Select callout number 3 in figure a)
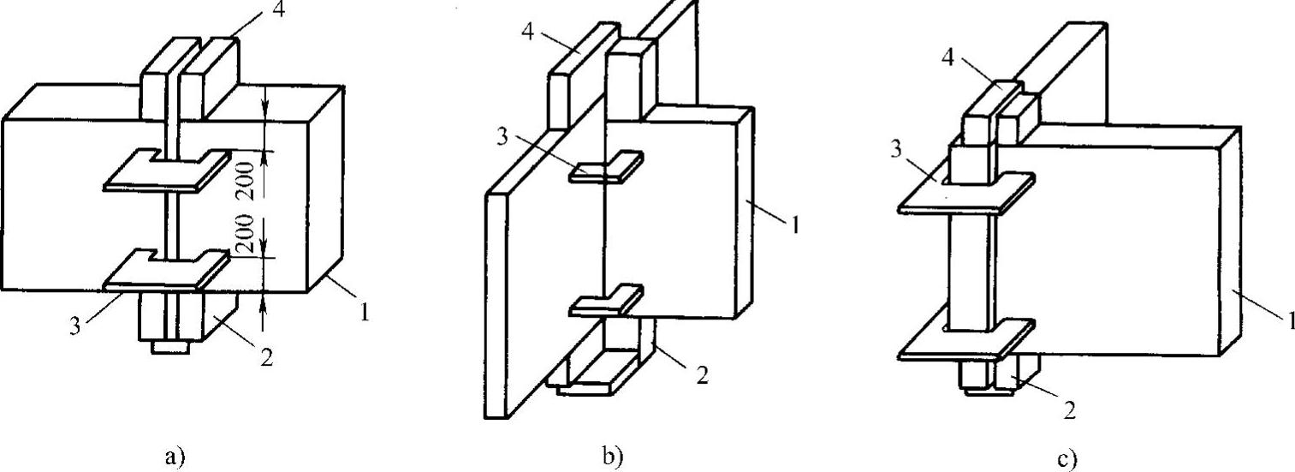78,326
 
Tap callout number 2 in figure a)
266,358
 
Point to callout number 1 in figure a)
365,314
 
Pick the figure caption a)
174,457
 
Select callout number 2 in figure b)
702,376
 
